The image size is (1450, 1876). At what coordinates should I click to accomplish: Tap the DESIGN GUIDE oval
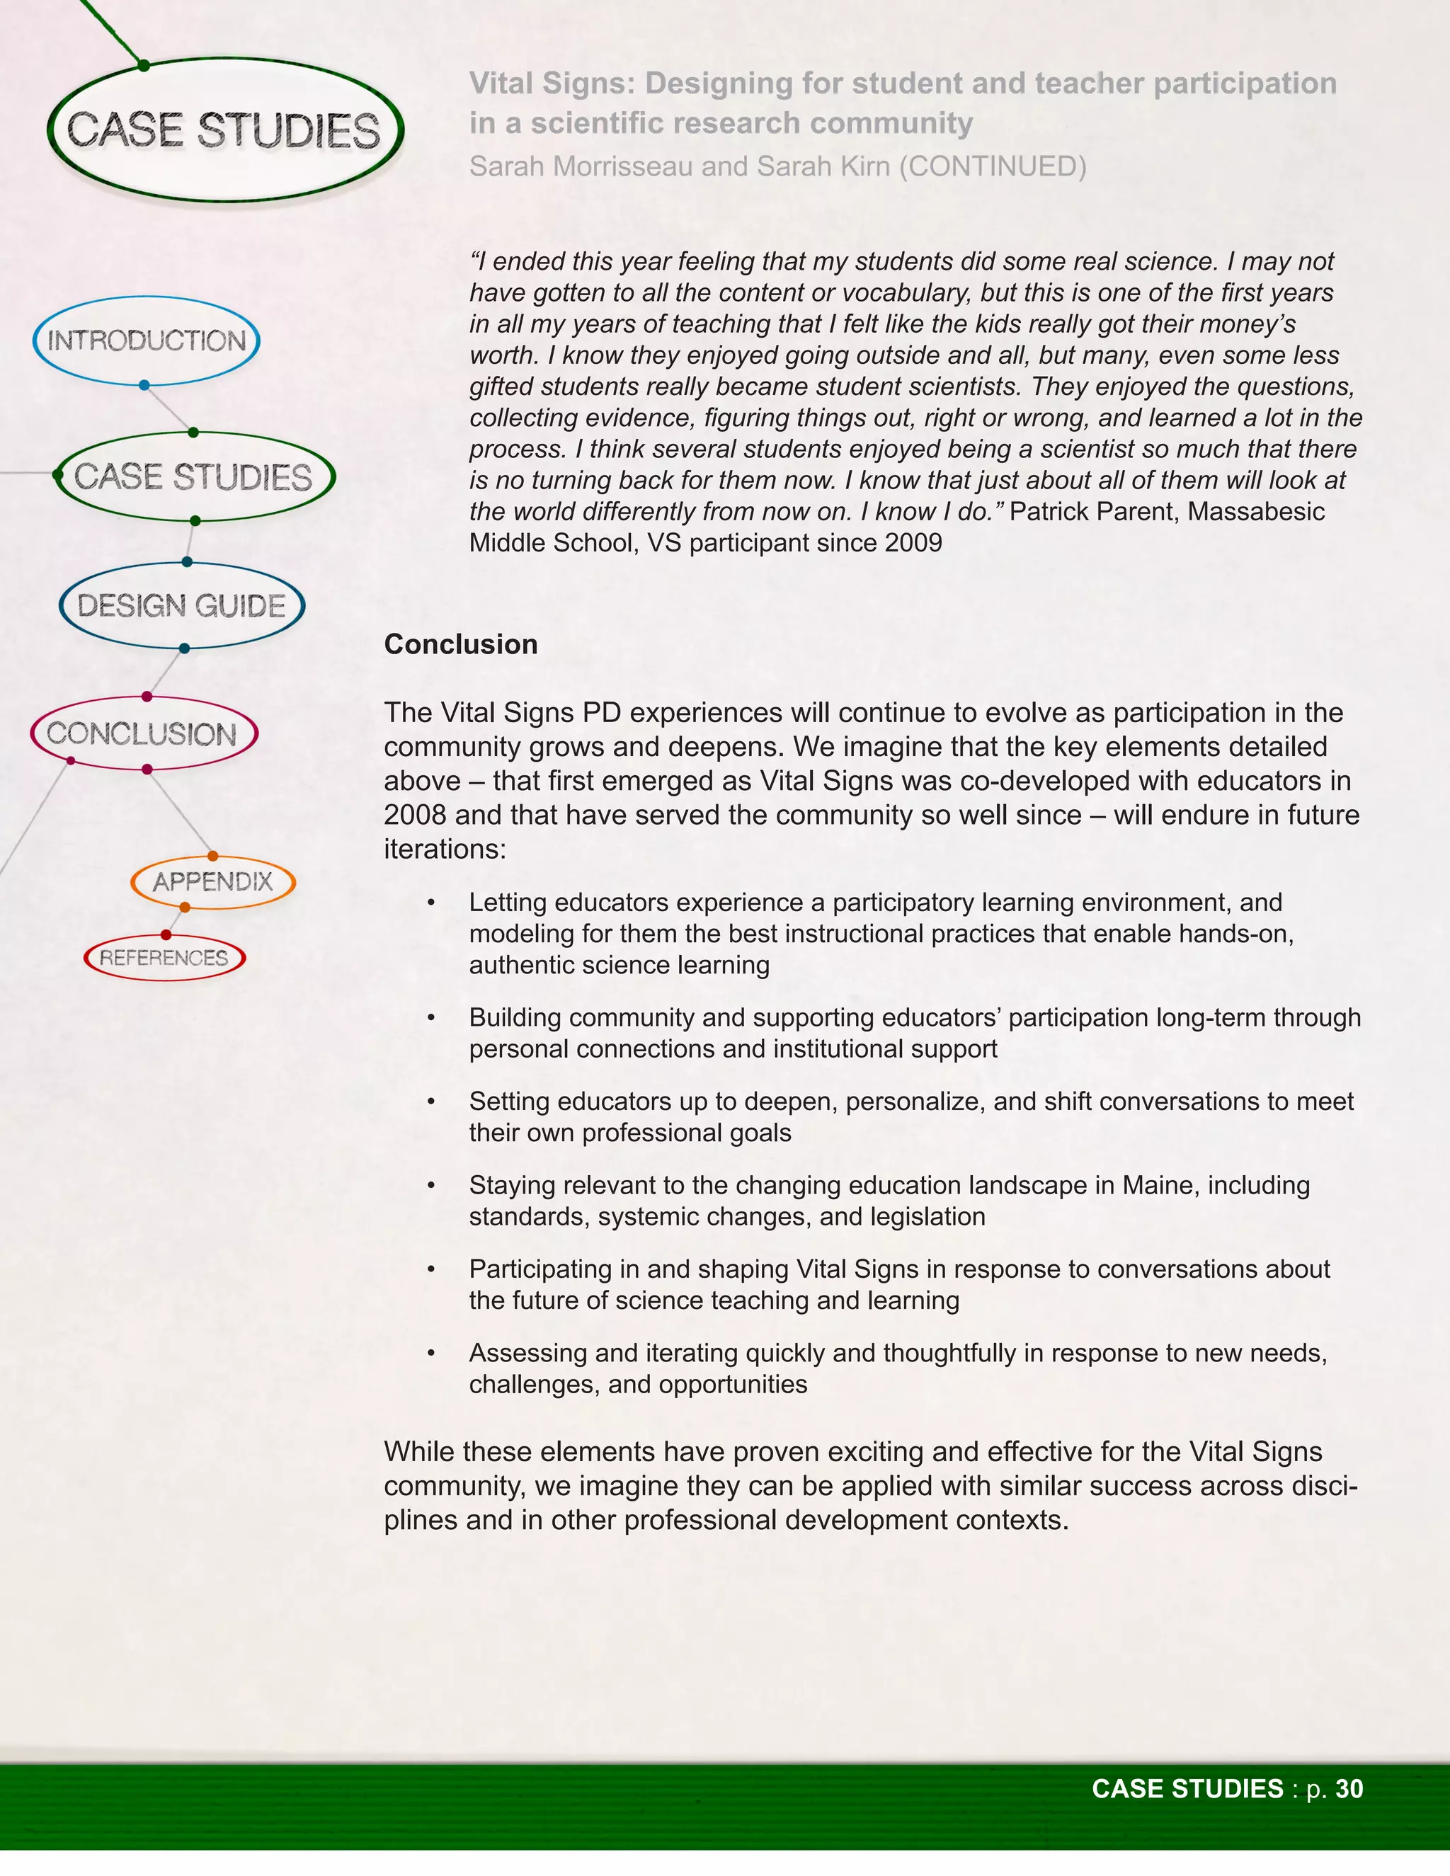(x=181, y=605)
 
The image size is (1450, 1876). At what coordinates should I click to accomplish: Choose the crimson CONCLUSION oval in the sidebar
(x=142, y=733)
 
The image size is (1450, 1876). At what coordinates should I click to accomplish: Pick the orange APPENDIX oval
(x=212, y=881)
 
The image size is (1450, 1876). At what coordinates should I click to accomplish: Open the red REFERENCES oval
(x=164, y=958)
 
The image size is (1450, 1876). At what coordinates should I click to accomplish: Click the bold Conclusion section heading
(x=460, y=644)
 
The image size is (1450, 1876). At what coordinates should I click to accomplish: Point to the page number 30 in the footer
(x=1349, y=1788)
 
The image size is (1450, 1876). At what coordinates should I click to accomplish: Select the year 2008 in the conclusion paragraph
(x=415, y=814)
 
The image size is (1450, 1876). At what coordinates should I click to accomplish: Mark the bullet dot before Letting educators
(x=431, y=903)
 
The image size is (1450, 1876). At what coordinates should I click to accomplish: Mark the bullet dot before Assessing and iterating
(x=431, y=1353)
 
